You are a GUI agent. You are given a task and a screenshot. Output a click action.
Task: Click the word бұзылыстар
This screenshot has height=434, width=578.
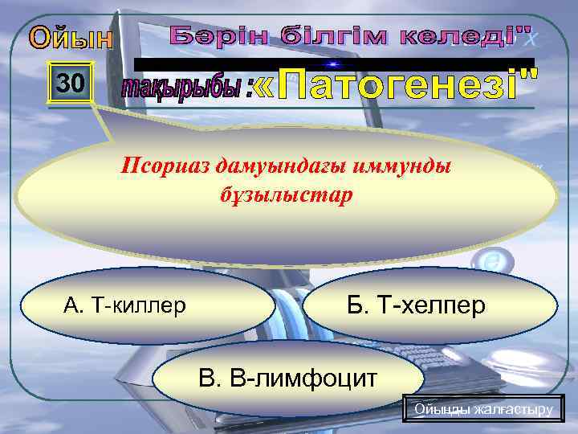(285, 195)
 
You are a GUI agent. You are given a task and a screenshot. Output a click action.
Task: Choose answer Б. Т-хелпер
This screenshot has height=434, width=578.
(429, 305)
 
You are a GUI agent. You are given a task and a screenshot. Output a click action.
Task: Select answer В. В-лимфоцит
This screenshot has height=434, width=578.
(287, 376)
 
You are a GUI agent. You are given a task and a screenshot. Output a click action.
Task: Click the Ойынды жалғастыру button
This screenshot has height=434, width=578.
(483, 409)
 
